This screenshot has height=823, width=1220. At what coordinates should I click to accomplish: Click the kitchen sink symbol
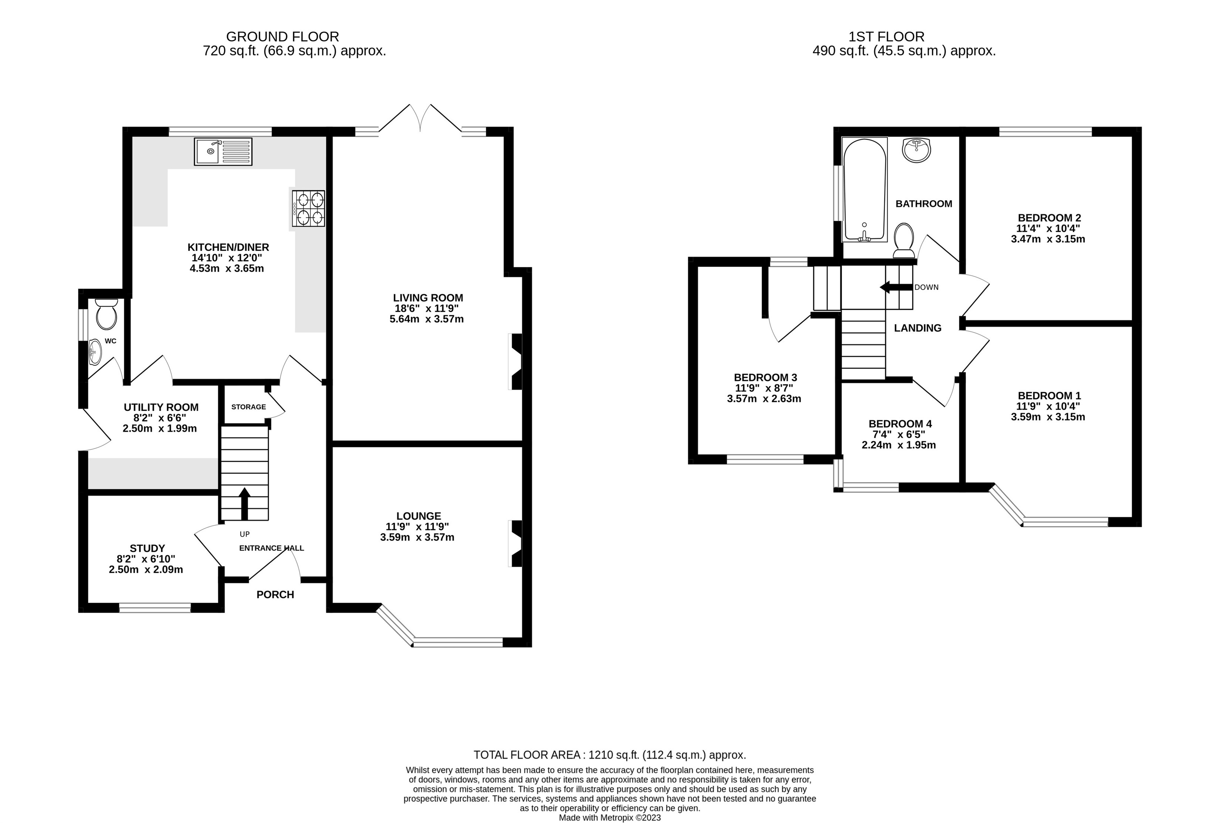coord(223,151)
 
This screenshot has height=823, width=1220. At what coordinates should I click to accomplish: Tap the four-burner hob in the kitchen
coord(309,209)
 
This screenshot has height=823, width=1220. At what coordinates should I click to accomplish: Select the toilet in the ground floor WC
coord(106,314)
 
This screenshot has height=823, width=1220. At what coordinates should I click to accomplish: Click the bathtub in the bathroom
coord(864,190)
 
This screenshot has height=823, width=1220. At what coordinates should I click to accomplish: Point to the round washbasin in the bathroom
coord(916,150)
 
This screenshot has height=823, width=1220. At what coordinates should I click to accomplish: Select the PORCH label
coord(275,595)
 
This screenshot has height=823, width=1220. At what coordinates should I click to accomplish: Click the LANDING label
coord(918,328)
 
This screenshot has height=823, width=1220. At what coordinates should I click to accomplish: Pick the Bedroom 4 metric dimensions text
coord(898,445)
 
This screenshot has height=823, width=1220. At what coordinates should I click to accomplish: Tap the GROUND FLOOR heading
coord(282,37)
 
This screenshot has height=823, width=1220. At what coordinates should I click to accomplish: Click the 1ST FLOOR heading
coord(886,37)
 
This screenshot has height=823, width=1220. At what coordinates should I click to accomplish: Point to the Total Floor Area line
coord(609,755)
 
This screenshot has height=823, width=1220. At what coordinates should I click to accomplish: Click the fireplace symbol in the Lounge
coord(515,543)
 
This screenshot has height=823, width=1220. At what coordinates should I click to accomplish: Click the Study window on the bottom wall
coord(155,608)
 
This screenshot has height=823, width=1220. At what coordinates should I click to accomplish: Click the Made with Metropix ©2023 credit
coord(609,817)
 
